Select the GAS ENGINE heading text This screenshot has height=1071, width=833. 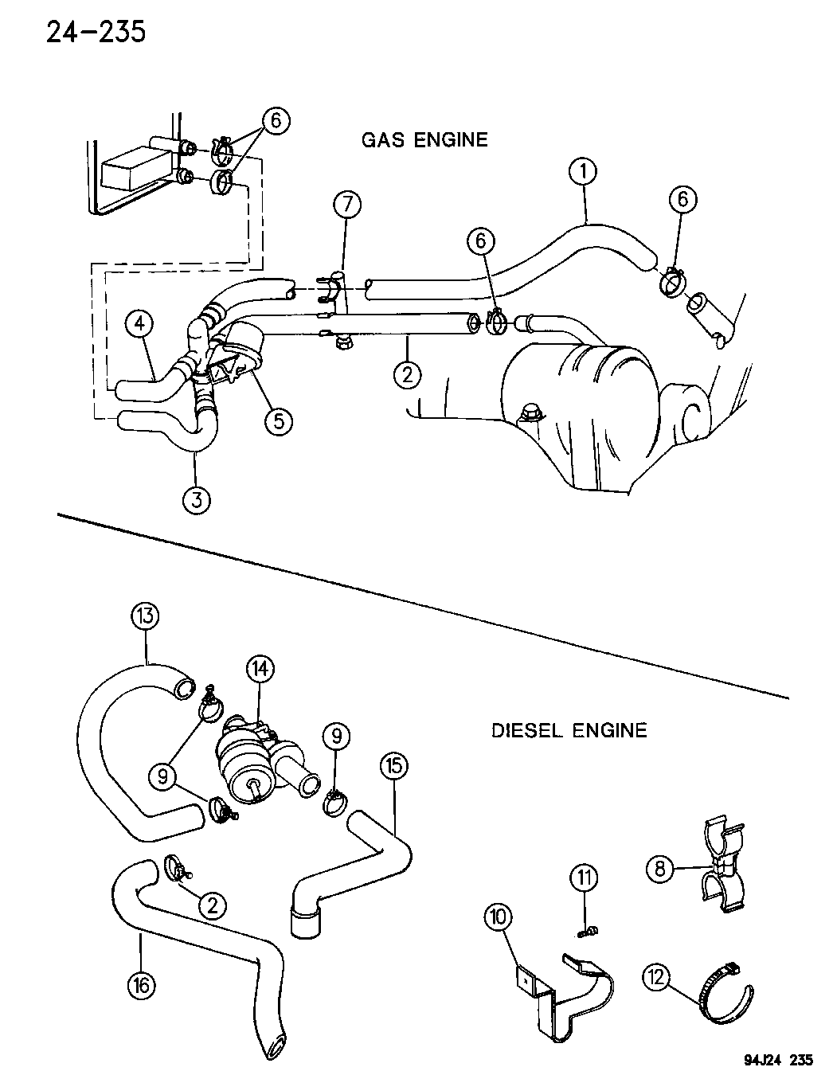pyautogui.click(x=424, y=140)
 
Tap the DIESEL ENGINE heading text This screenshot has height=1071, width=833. pyautogui.click(x=569, y=729)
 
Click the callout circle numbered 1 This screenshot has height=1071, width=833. pyautogui.click(x=584, y=171)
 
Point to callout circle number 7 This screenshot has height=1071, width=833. pyautogui.click(x=346, y=205)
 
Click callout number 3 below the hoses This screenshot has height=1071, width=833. pyautogui.click(x=197, y=499)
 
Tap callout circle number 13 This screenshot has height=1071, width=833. pyautogui.click(x=147, y=616)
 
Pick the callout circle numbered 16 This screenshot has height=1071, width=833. pyautogui.click(x=140, y=985)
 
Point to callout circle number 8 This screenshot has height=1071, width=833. pyautogui.click(x=659, y=868)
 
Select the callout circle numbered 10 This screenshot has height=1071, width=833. pyautogui.click(x=499, y=917)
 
